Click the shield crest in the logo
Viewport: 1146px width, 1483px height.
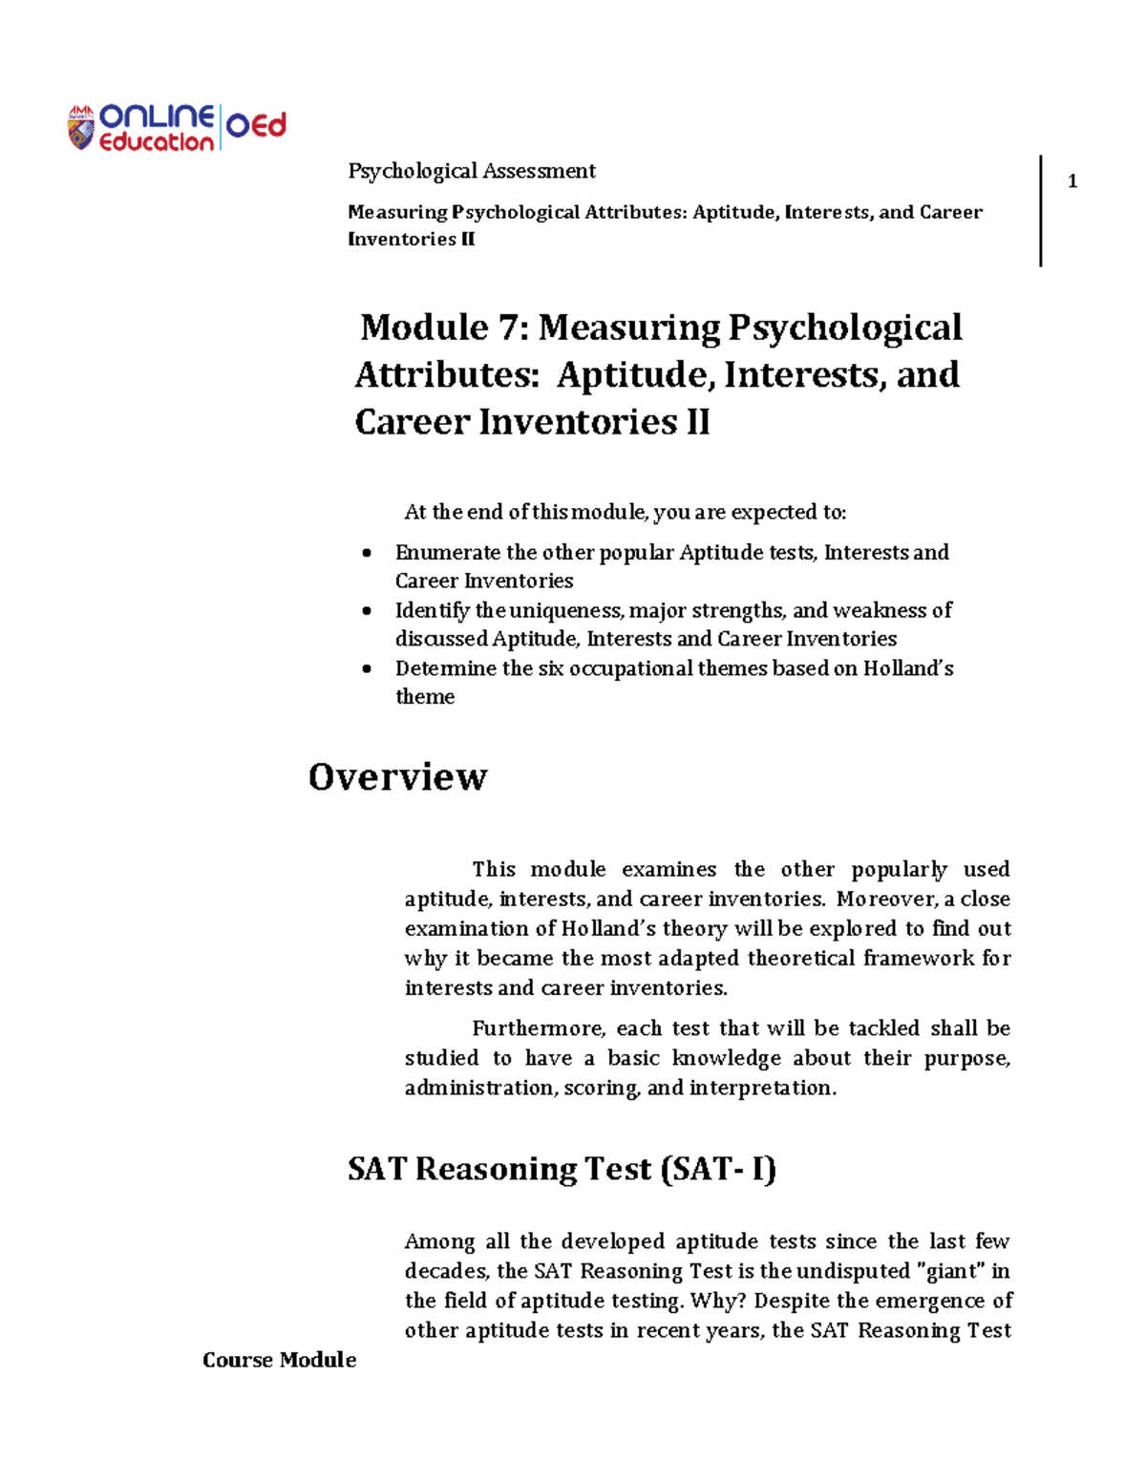(x=81, y=128)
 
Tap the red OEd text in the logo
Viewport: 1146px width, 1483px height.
(x=256, y=126)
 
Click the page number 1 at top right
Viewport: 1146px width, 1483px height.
(x=1072, y=181)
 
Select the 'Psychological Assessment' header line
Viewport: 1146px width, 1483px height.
(x=472, y=171)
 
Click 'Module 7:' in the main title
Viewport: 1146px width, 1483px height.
(x=443, y=328)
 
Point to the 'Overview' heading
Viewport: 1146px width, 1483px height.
(x=397, y=776)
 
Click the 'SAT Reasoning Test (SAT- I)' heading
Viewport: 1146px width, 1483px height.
(x=562, y=1169)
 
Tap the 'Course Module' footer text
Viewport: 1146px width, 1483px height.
(x=279, y=1360)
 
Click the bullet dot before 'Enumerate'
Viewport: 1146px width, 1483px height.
(x=367, y=554)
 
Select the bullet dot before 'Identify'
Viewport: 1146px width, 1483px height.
(x=367, y=611)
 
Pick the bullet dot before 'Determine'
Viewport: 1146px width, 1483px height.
(x=367, y=669)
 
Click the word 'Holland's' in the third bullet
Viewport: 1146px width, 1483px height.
(x=908, y=668)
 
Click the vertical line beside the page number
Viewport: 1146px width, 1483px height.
(x=1040, y=210)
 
